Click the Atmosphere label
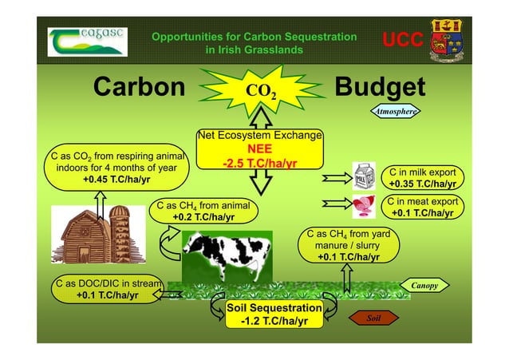397,113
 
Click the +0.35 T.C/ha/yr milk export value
422,184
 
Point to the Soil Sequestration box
262,315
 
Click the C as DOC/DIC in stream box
107,288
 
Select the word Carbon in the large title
139,87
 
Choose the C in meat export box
422,207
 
